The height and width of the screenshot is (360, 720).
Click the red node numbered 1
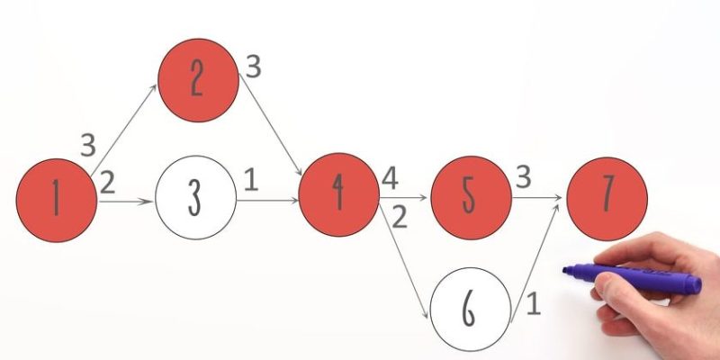(x=57, y=197)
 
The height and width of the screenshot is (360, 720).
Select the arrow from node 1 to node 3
(x=126, y=202)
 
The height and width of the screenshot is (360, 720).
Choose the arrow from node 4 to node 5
(x=405, y=195)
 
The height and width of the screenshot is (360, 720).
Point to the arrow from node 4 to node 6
(x=406, y=261)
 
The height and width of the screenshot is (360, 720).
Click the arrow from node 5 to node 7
(x=538, y=195)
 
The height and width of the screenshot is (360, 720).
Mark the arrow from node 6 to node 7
(x=538, y=261)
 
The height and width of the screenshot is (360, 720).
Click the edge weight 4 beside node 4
(x=390, y=177)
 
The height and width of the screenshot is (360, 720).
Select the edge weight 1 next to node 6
(x=533, y=304)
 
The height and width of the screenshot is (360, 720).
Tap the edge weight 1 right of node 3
(x=251, y=180)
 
